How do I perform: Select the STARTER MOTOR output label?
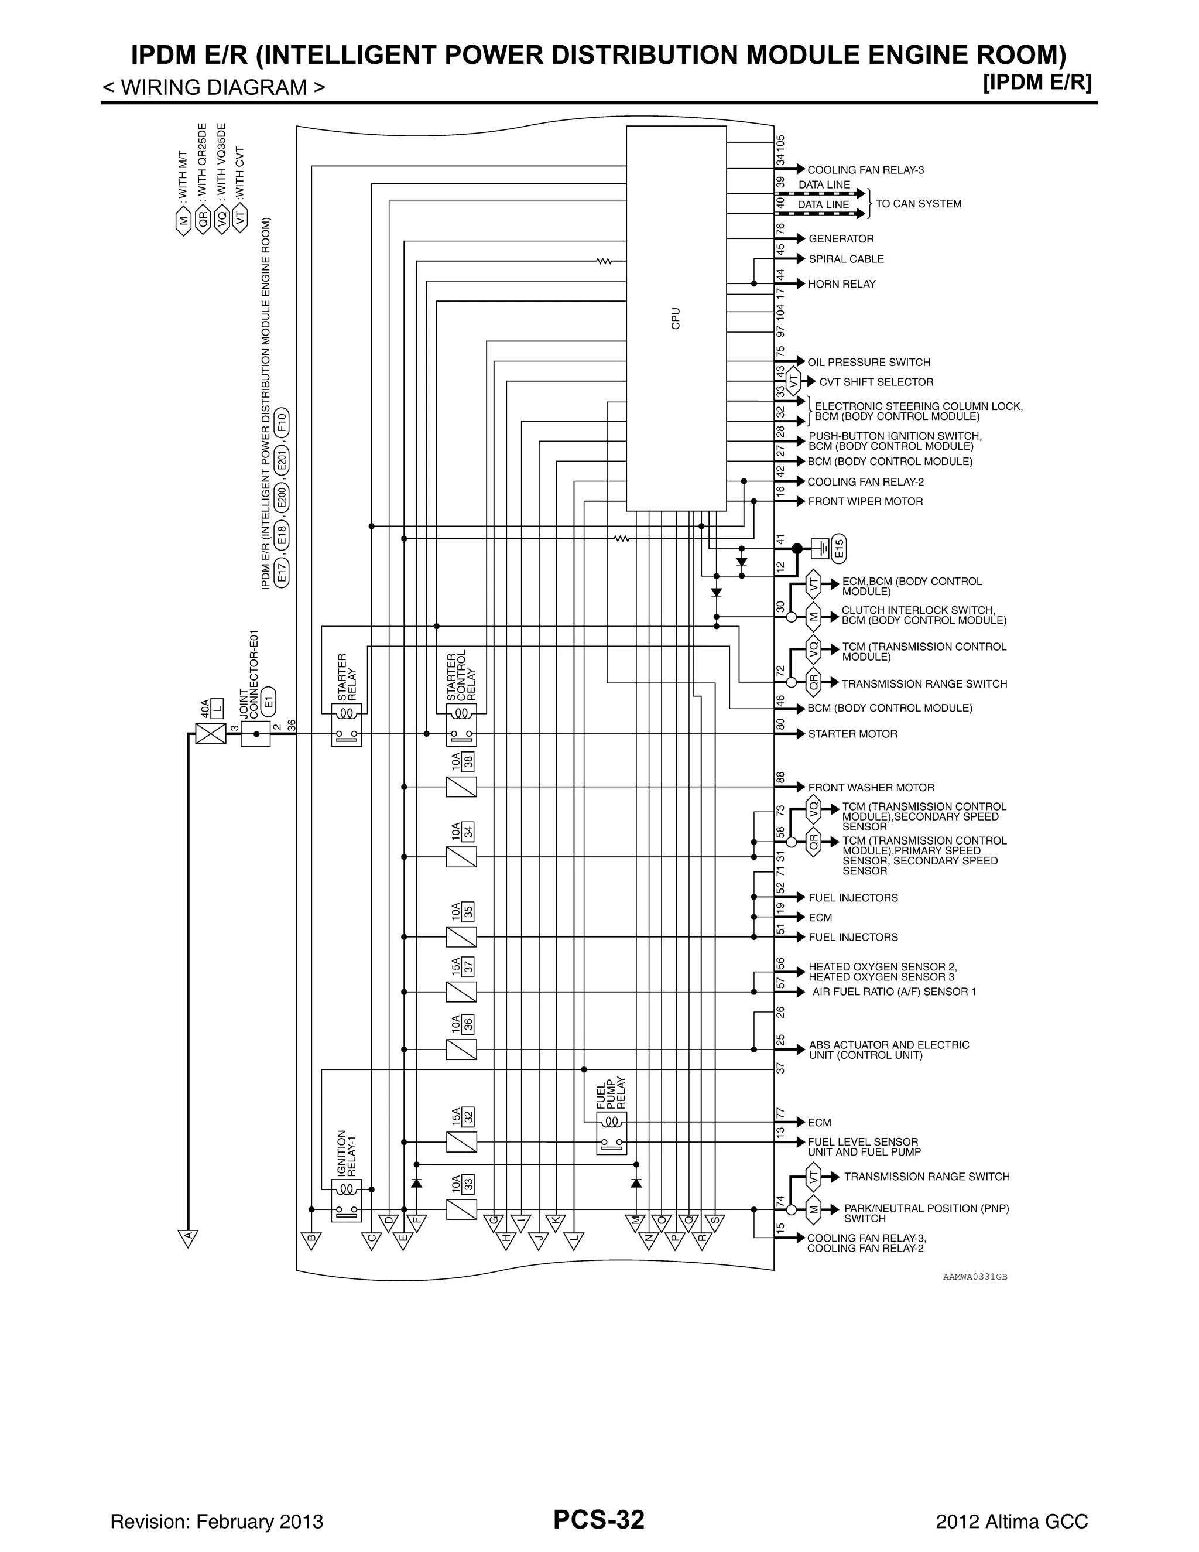852,734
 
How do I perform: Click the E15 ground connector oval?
839,548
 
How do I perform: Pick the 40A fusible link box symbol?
210,733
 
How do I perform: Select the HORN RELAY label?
842,284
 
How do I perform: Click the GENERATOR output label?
841,239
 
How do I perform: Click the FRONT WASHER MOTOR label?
871,787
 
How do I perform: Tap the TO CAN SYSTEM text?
919,204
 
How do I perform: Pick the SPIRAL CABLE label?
846,259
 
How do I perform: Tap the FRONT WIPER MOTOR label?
865,502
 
